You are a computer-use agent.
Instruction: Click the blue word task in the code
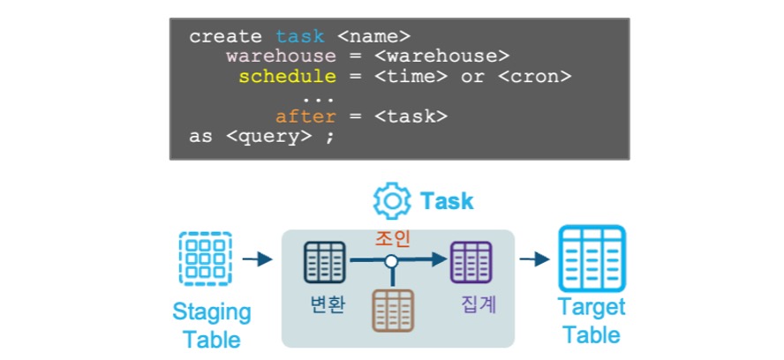pyautogui.click(x=300, y=36)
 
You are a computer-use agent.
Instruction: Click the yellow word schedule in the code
pyautogui.click(x=287, y=76)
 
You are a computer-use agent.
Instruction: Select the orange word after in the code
pyautogui.click(x=305, y=116)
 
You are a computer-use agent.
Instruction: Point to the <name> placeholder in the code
pyautogui.click(x=374, y=36)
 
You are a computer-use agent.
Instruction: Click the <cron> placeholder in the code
pyautogui.click(x=535, y=76)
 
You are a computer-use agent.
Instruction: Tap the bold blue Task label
pyautogui.click(x=447, y=201)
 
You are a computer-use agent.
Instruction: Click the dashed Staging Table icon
pyautogui.click(x=205, y=259)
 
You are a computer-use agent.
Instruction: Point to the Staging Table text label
pyautogui.click(x=211, y=326)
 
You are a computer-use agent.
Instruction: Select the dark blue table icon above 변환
pyautogui.click(x=324, y=261)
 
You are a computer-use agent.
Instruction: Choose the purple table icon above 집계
pyautogui.click(x=471, y=261)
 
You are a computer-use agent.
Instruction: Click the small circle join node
pyautogui.click(x=392, y=261)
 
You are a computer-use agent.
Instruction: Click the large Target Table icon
pyautogui.click(x=592, y=259)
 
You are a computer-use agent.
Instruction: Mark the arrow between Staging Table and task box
pyautogui.click(x=256, y=259)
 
